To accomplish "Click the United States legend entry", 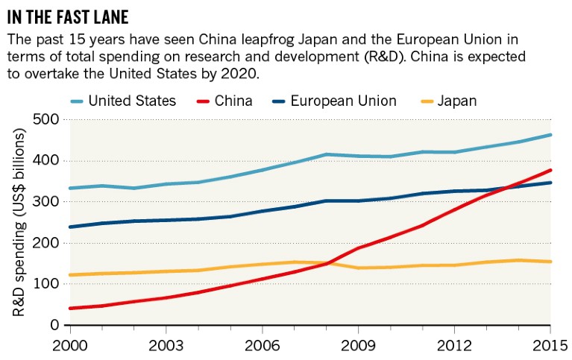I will pyautogui.click(x=131, y=101).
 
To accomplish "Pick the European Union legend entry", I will pyautogui.click(x=342, y=101).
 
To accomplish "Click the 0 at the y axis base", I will pyautogui.click(x=53, y=325).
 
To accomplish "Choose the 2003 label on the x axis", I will pyautogui.click(x=165, y=347).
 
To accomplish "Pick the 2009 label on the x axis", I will pyautogui.click(x=358, y=347).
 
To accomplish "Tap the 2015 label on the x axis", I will pyautogui.click(x=550, y=347).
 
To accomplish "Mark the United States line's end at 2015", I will pyautogui.click(x=550, y=135).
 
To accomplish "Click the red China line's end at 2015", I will pyautogui.click(x=550, y=170).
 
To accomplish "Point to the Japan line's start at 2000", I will pyautogui.click(x=70, y=275).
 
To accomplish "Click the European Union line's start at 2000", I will pyautogui.click(x=70, y=227).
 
